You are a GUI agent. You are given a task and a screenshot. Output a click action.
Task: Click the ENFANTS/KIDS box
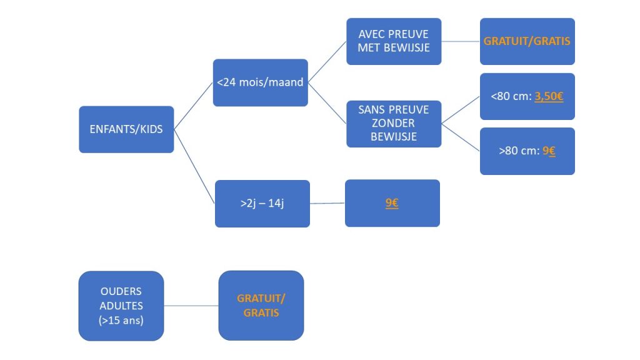tap(126, 129)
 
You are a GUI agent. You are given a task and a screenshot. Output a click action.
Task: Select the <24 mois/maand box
tap(260, 82)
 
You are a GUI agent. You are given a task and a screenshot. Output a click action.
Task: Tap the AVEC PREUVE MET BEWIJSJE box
tap(394, 41)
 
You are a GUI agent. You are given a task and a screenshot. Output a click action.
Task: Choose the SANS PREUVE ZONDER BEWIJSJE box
tap(394, 123)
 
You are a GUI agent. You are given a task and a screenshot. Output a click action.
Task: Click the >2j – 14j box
tap(262, 204)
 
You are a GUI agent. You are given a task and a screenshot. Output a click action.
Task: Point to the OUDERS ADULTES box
tap(121, 306)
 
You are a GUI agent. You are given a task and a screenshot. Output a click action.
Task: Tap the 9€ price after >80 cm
tap(548, 151)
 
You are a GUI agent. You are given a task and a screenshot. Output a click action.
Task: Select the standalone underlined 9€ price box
tap(392, 203)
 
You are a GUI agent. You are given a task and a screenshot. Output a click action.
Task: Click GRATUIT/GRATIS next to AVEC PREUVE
tap(527, 41)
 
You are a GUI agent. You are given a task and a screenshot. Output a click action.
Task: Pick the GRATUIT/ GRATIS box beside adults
tap(261, 306)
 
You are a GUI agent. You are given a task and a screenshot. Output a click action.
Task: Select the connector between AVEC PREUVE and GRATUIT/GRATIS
tap(461, 41)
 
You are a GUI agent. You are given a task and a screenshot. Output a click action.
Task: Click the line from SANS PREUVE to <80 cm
tap(461, 110)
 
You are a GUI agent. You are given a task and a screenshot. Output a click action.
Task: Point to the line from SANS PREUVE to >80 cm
tap(461, 137)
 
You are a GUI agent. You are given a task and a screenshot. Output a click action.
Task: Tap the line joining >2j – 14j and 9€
tap(327, 203)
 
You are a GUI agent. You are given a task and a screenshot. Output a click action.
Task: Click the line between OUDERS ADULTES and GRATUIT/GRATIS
tap(191, 306)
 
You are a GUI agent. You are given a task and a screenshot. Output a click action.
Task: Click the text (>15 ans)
tap(121, 320)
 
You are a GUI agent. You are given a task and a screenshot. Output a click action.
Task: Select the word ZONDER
tap(394, 123)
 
